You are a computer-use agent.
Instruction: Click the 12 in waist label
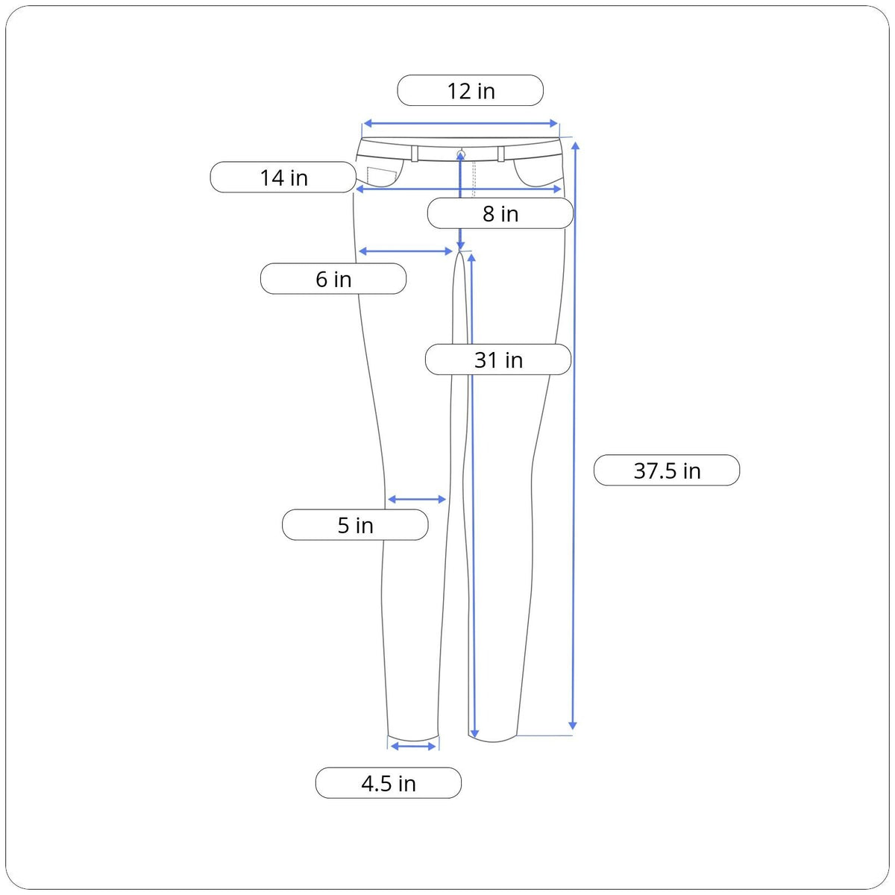tap(470, 90)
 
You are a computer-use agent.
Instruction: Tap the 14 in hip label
tap(283, 177)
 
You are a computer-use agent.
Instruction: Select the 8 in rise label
tap(500, 213)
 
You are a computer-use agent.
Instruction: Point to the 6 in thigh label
tap(333, 279)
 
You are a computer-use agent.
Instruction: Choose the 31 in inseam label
tap(498, 359)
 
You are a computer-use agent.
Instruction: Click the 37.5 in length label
tap(667, 470)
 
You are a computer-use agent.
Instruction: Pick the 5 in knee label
tap(355, 525)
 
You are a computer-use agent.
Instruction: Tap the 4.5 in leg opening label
tap(389, 783)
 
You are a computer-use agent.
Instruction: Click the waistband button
tap(461, 154)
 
